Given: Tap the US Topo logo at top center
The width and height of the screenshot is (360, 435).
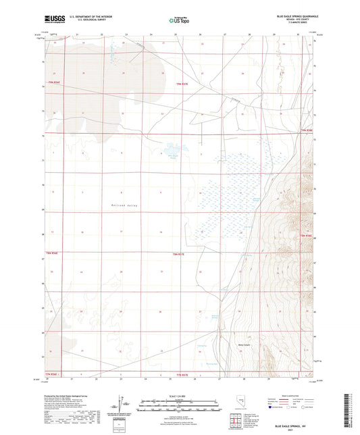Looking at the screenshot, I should [179, 20].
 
